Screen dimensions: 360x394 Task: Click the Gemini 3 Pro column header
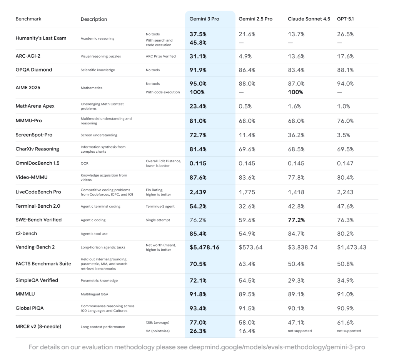click(204, 19)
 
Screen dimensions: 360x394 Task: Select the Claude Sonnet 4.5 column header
click(309, 19)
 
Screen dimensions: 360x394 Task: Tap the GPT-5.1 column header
click(346, 19)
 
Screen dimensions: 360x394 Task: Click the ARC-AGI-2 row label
click(28, 56)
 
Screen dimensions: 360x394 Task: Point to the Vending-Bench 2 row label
click(35, 247)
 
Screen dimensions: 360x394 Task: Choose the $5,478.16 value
click(204, 247)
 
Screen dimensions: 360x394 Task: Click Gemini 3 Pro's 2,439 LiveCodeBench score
click(198, 192)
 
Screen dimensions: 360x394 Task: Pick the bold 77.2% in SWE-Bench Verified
click(296, 220)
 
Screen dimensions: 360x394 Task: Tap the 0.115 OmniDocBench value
click(198, 163)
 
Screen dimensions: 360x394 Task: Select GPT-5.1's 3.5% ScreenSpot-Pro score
click(344, 135)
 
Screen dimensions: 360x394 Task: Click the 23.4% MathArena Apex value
click(198, 106)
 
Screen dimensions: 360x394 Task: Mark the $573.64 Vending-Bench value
click(250, 247)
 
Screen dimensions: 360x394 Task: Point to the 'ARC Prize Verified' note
click(160, 56)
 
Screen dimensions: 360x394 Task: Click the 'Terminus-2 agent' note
click(160, 206)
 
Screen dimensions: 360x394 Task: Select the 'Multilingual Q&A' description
click(94, 294)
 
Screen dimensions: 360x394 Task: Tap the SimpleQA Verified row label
click(37, 280)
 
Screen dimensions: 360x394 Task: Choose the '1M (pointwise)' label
click(158, 331)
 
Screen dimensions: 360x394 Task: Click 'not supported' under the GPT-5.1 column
click(349, 331)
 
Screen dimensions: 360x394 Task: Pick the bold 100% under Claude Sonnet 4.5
click(295, 92)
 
